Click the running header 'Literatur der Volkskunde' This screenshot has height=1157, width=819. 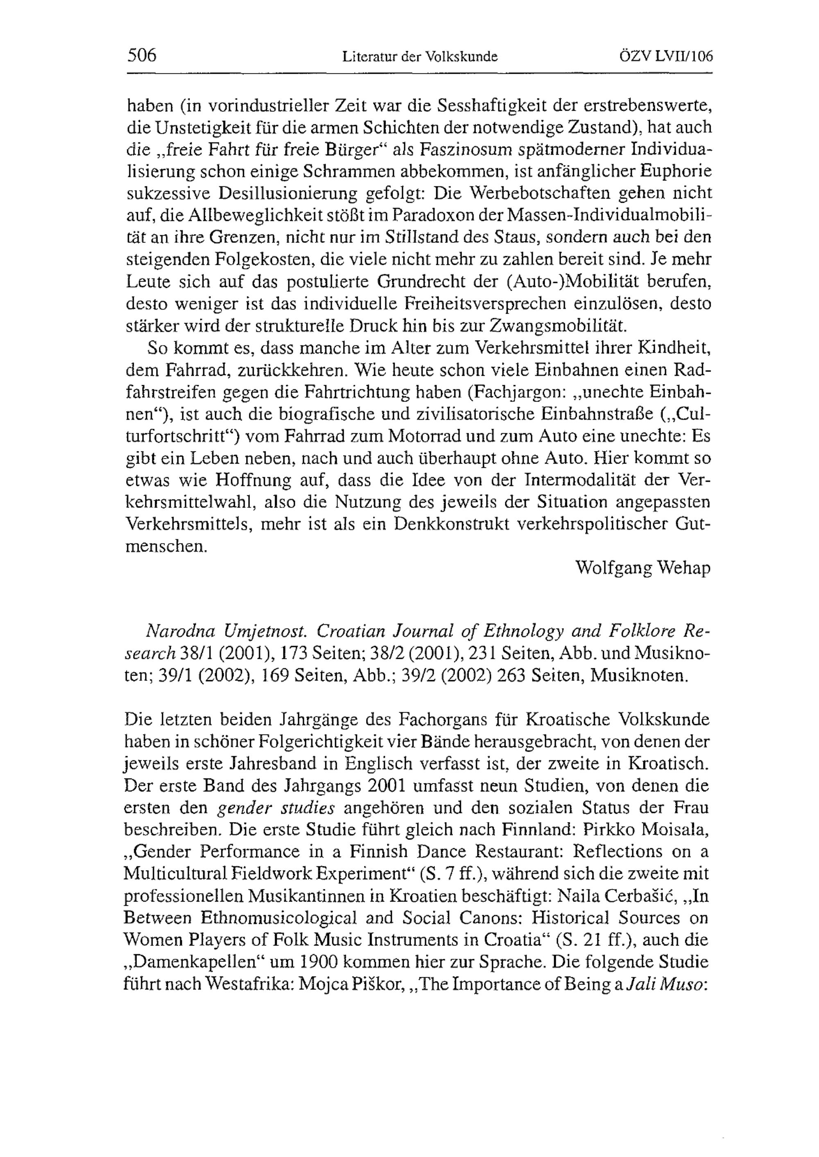click(x=420, y=56)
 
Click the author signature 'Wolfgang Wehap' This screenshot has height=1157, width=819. click(x=643, y=569)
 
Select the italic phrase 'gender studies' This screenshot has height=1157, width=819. click(x=276, y=809)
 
